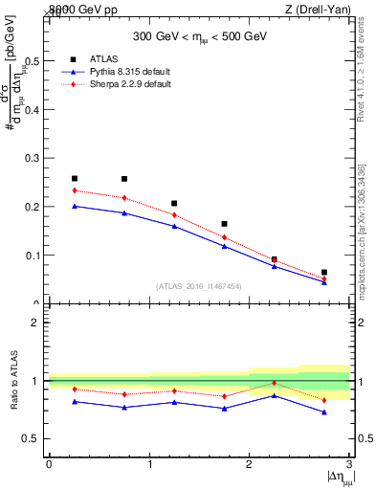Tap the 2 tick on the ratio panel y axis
[35, 323]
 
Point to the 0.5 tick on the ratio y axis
[32, 439]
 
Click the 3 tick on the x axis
[349, 464]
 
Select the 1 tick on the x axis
[149, 464]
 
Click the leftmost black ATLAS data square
[75, 178]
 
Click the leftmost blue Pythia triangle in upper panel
[75, 206]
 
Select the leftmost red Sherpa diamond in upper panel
[75, 190]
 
